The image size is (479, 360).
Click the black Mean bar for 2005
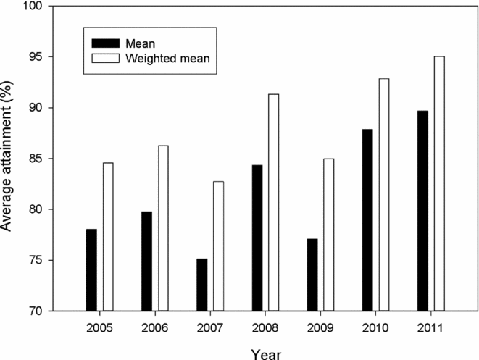(x=91, y=270)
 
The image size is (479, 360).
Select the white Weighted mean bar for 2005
(x=108, y=237)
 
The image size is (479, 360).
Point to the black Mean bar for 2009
(x=312, y=275)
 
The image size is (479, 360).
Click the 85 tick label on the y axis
(x=36, y=159)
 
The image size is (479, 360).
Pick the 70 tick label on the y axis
(x=36, y=311)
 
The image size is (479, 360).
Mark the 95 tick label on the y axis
(x=36, y=57)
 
